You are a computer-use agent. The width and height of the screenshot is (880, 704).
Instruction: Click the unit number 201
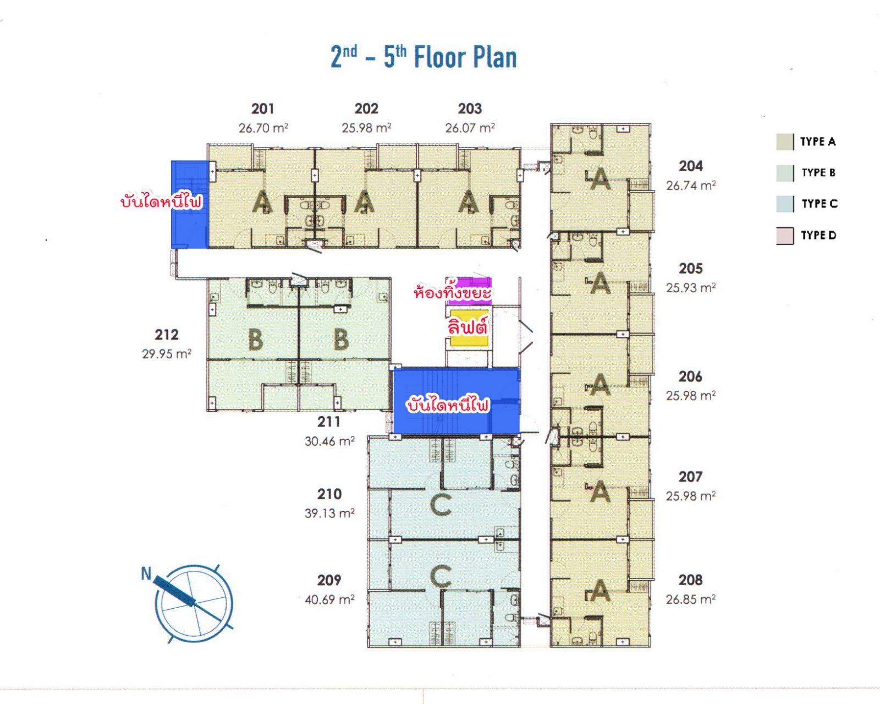pyautogui.click(x=262, y=109)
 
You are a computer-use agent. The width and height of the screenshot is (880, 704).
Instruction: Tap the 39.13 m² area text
pyautogui.click(x=329, y=513)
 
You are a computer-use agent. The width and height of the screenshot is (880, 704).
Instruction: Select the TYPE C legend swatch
pyautogui.click(x=785, y=204)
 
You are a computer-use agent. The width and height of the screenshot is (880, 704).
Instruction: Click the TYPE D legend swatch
pyautogui.click(x=785, y=236)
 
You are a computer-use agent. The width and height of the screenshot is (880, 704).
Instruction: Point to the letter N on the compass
pyautogui.click(x=146, y=574)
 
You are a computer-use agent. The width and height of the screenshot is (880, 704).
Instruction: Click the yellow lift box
pyautogui.click(x=469, y=329)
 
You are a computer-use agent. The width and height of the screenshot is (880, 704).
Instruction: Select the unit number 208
pyautogui.click(x=690, y=580)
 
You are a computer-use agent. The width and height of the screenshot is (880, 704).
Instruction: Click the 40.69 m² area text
pyautogui.click(x=329, y=599)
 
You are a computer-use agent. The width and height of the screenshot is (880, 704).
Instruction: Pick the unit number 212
pyautogui.click(x=167, y=335)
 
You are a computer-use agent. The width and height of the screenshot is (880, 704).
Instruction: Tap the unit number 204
pyautogui.click(x=691, y=166)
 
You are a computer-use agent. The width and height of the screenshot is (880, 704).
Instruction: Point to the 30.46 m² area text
pyautogui.click(x=329, y=441)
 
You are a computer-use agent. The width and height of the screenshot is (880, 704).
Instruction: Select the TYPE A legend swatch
pyautogui.click(x=785, y=141)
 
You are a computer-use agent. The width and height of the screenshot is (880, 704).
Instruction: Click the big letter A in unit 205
pyautogui.click(x=600, y=283)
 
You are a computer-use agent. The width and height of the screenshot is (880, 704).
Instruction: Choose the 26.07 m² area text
pyautogui.click(x=470, y=128)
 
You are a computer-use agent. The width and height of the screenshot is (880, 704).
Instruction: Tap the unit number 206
pyautogui.click(x=690, y=376)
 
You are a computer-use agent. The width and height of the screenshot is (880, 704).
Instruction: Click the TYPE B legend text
pyautogui.click(x=818, y=173)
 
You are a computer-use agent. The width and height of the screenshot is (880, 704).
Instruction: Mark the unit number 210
pyautogui.click(x=329, y=494)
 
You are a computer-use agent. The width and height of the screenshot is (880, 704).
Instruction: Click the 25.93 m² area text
pyautogui.click(x=691, y=288)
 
